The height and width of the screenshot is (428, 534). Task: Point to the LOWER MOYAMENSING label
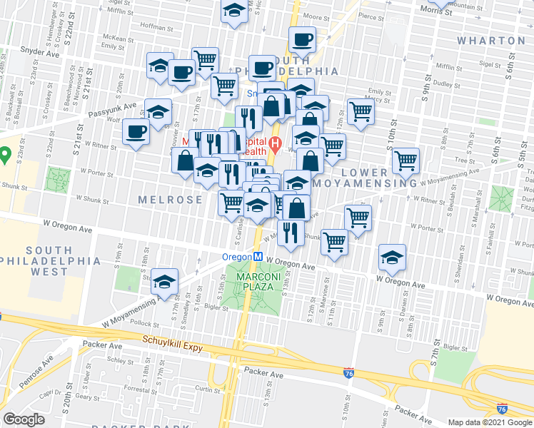coord(379,178)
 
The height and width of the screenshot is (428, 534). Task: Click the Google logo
coord(24,419)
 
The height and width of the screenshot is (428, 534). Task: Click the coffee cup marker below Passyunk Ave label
coord(136,132)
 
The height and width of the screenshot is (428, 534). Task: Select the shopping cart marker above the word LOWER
coord(405,160)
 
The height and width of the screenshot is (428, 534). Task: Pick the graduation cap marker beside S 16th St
coord(164,281)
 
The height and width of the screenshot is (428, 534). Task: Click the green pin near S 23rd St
coord(4,153)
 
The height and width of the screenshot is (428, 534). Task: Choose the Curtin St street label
coord(207,390)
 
